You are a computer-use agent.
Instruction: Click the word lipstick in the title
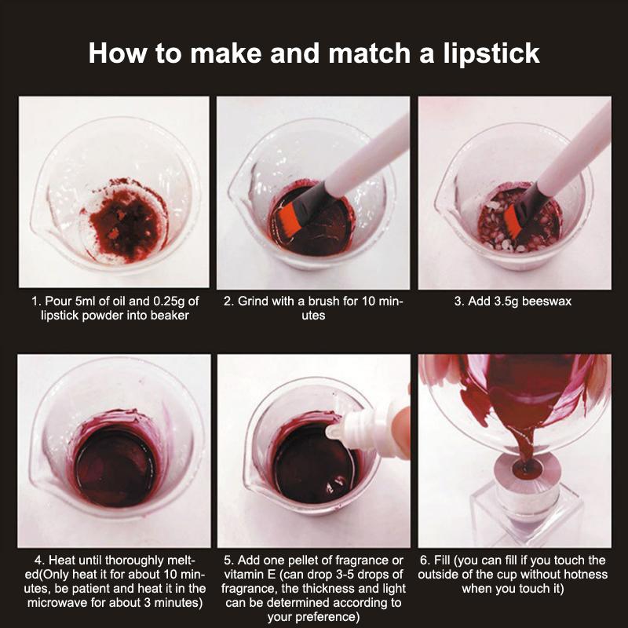[491, 53]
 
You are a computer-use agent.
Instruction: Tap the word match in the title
[368, 53]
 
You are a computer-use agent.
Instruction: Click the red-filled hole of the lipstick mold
[524, 466]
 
